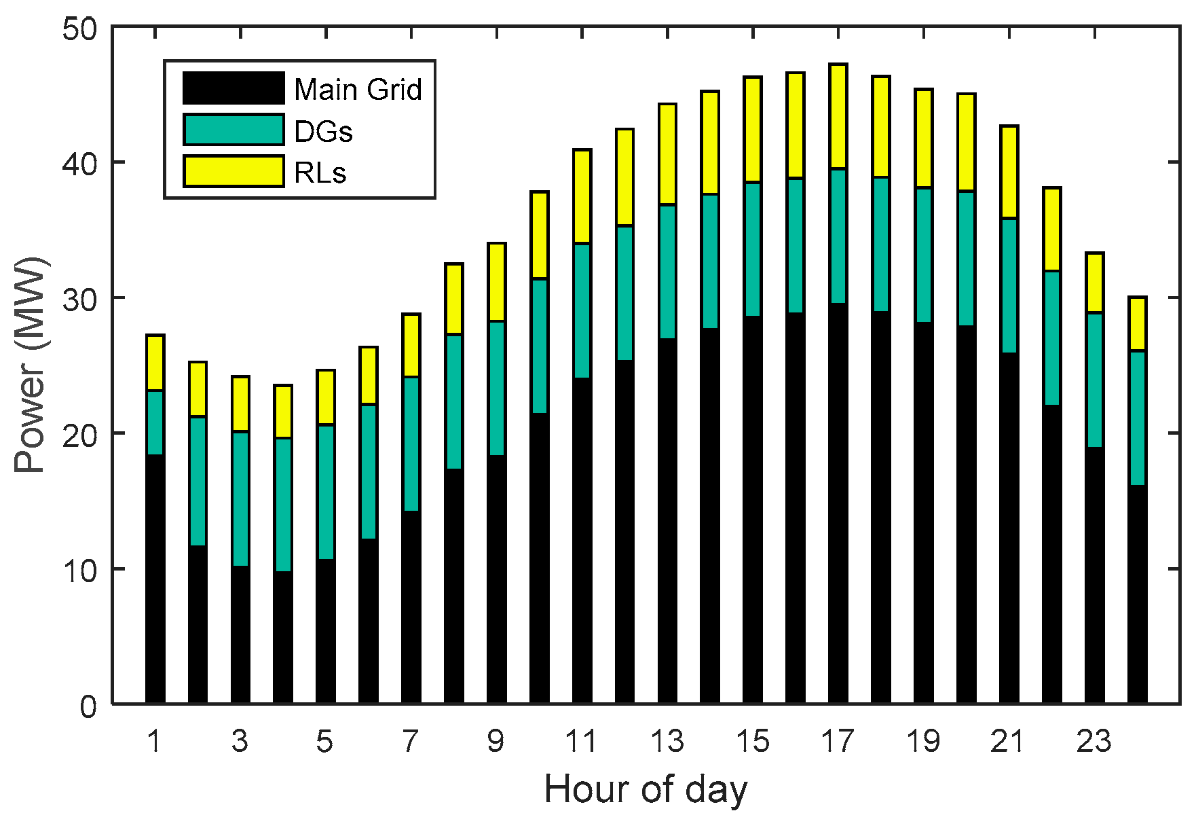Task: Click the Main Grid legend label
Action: coord(358,90)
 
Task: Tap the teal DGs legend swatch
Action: coord(233,130)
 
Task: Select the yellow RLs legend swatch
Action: coord(233,171)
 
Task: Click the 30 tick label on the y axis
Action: coord(80,300)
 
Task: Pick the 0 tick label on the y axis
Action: coord(89,706)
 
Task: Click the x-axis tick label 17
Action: coord(838,741)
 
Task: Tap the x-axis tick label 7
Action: coord(411,741)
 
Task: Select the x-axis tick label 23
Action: coord(1094,741)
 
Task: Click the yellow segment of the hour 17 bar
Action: coord(838,116)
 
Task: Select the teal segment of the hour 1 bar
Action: coord(155,422)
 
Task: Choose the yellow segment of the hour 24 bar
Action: coord(1137,324)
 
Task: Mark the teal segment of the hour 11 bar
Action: coord(582,310)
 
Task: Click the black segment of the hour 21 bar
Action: coord(1009,528)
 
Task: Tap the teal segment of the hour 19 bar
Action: coord(923,255)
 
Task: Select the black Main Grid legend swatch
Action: coord(233,88)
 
